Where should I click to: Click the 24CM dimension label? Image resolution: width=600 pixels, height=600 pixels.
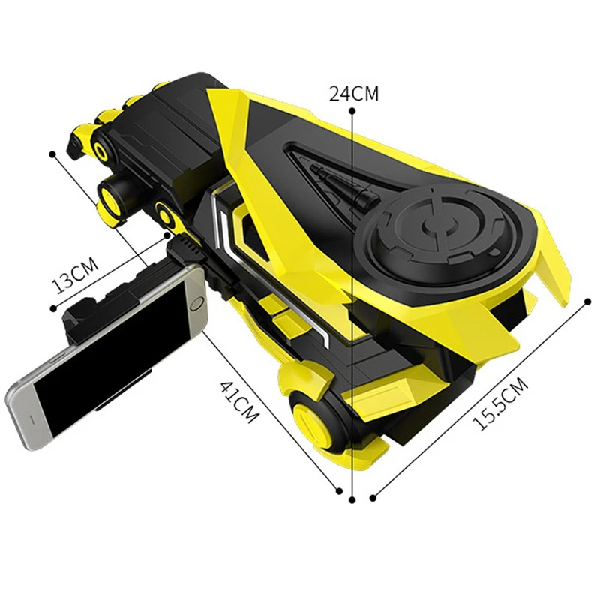point(354,93)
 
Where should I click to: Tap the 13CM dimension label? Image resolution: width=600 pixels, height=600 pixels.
point(75,274)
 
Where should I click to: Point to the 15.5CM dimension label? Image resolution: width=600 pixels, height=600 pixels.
point(500,403)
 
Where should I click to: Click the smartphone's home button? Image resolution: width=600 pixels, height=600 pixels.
point(196,304)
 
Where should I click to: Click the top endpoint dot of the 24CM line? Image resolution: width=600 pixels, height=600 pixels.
point(352,111)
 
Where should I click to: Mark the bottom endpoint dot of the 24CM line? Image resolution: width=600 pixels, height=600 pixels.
point(352,499)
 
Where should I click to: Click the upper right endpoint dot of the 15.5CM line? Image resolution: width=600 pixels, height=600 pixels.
point(588,302)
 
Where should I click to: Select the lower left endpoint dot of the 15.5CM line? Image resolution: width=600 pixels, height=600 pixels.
point(373,498)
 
